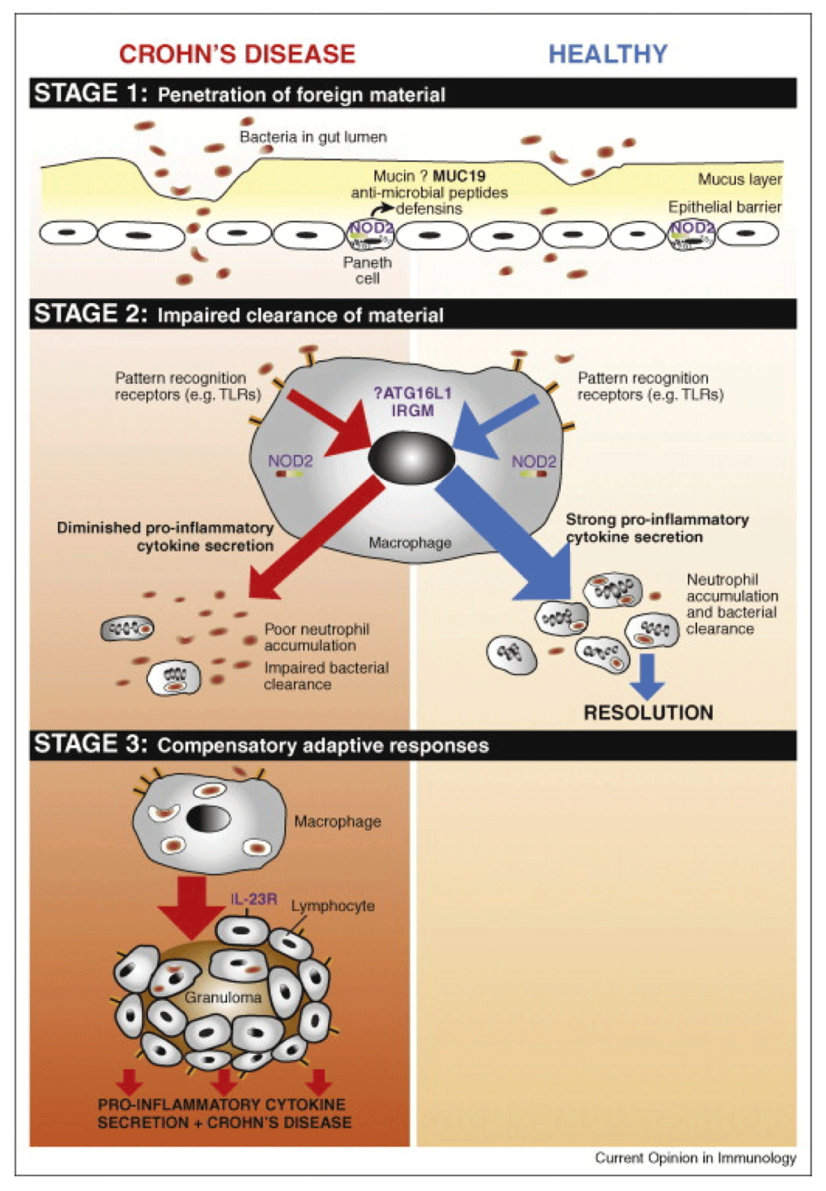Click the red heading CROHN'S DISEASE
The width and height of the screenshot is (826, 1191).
click(237, 55)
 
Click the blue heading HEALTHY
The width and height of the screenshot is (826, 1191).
click(608, 55)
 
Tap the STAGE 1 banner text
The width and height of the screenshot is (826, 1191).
click(239, 93)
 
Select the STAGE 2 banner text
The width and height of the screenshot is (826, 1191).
click(238, 315)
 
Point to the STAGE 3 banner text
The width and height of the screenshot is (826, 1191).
click(260, 745)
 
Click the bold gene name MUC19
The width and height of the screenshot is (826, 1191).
click(459, 176)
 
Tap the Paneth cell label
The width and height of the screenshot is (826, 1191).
click(368, 270)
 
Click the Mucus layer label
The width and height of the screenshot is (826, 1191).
click(739, 179)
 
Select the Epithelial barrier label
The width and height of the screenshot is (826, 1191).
click(724, 206)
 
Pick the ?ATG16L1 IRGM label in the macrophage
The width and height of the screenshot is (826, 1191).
click(412, 402)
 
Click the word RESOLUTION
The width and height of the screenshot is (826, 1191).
click(648, 713)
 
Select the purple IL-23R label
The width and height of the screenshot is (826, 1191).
click(254, 899)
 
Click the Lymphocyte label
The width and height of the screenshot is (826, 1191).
click(332, 906)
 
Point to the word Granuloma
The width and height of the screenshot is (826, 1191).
click(223, 998)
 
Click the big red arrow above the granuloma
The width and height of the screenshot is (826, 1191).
click(192, 908)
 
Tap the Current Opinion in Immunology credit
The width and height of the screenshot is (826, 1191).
click(695, 1158)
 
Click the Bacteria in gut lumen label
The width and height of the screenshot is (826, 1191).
click(313, 137)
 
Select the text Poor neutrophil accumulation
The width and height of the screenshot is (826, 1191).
click(316, 637)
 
